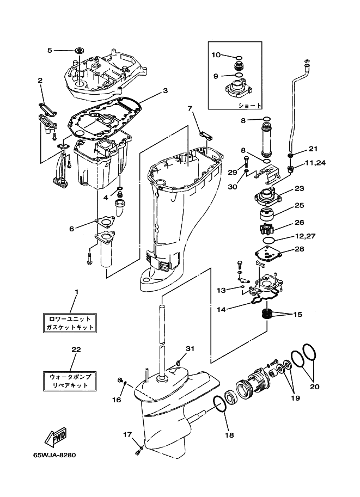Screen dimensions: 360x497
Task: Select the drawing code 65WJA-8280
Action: pos(55,455)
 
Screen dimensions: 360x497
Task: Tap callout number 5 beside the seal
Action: pos(50,50)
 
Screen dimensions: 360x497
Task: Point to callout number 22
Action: pos(76,349)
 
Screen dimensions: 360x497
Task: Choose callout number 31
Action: pos(190,348)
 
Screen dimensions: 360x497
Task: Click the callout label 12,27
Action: pos(305,236)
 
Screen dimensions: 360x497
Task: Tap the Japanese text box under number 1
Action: pos(70,323)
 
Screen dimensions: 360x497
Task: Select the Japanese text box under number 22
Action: pos(70,381)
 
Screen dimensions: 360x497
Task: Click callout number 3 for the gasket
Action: pos(165,91)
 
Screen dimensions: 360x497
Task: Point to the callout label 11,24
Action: pos(315,163)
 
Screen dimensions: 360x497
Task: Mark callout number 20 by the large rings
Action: pos(315,386)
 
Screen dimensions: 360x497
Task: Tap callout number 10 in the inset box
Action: pos(216,55)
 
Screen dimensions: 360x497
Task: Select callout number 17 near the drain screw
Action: pos(127,434)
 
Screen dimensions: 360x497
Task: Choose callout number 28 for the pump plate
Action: pos(300,249)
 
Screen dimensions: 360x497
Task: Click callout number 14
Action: pos(222,309)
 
